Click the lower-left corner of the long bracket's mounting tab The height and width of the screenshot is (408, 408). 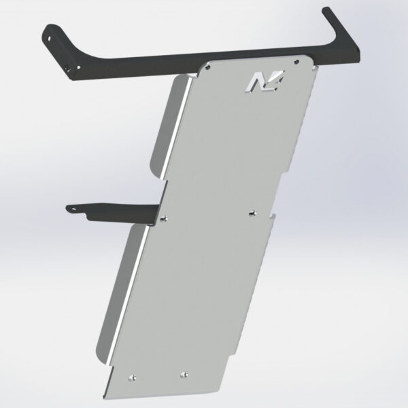point(73,74)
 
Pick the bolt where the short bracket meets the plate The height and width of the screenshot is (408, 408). point(165,218)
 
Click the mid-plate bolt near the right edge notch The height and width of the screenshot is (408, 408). point(253,211)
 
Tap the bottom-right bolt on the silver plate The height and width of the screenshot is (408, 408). point(184,373)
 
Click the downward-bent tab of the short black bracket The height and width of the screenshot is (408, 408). point(89,216)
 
